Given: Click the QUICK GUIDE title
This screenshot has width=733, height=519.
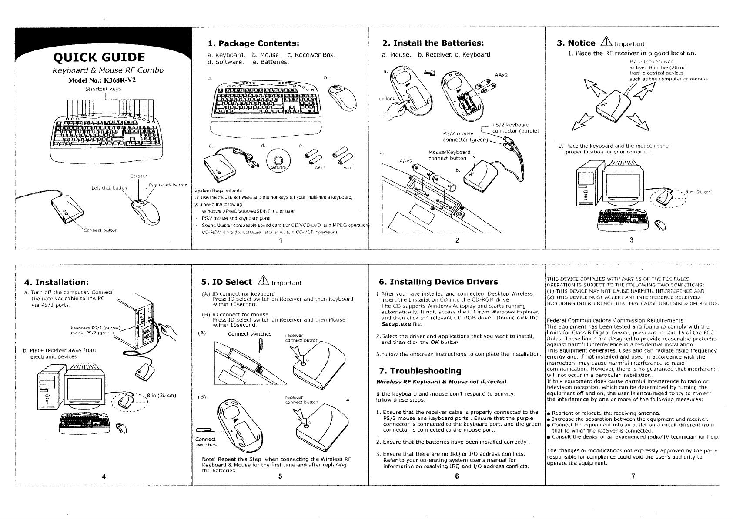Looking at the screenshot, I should [x=99, y=57].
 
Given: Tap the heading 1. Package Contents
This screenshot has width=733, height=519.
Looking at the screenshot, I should [x=253, y=43].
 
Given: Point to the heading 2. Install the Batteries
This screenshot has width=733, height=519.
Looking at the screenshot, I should [x=433, y=43].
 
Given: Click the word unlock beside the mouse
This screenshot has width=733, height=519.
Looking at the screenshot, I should [x=387, y=99].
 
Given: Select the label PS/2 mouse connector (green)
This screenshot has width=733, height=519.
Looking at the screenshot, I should [x=461, y=136].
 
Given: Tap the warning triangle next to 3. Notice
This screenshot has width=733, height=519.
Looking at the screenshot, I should [x=606, y=43].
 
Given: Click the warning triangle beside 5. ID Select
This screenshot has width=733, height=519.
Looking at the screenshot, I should [x=263, y=282].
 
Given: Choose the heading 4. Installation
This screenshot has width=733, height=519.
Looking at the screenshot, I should [x=57, y=283].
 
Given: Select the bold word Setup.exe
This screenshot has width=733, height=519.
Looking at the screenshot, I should [x=397, y=324].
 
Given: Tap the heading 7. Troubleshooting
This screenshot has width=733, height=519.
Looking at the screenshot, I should [x=420, y=371].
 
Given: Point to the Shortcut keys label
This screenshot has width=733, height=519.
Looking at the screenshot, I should [x=97, y=89].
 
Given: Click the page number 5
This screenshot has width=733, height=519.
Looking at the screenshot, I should [x=280, y=476].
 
